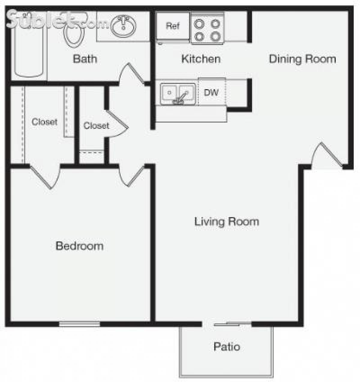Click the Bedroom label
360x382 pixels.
(79, 246)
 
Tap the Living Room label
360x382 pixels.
(226, 222)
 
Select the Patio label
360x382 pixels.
(227, 347)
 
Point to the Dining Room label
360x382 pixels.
(302, 59)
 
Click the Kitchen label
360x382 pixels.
(201, 59)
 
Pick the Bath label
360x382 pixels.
(85, 59)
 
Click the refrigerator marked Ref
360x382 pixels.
(173, 26)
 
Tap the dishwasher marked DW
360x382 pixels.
(211, 92)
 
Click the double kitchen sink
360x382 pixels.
(178, 94)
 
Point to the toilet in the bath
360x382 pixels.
(73, 33)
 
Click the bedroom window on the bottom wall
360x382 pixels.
(79, 324)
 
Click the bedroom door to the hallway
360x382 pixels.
(132, 176)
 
